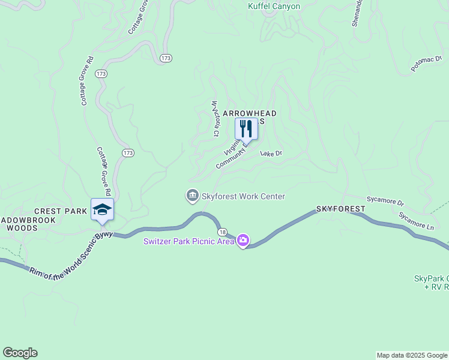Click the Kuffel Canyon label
pyautogui.click(x=274, y=7)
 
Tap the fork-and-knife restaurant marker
pyautogui.click(x=246, y=129)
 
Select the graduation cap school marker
pyautogui.click(x=102, y=209)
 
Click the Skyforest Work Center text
pyautogui.click(x=243, y=196)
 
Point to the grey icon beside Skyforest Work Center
pyautogui.click(x=192, y=196)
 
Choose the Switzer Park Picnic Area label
pyautogui.click(x=188, y=242)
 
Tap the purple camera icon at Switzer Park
pyautogui.click(x=243, y=241)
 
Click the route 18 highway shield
pyautogui.click(x=223, y=232)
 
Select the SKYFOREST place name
pyautogui.click(x=340, y=209)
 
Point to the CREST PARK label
pyautogui.click(x=61, y=211)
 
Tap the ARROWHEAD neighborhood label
pyautogui.click(x=250, y=113)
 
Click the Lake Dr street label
pyautogui.click(x=271, y=154)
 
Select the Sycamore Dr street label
pyautogui.click(x=385, y=201)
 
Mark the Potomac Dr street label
pyautogui.click(x=426, y=64)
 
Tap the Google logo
pyautogui.click(x=20, y=353)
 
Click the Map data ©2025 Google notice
pyautogui.click(x=412, y=355)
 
